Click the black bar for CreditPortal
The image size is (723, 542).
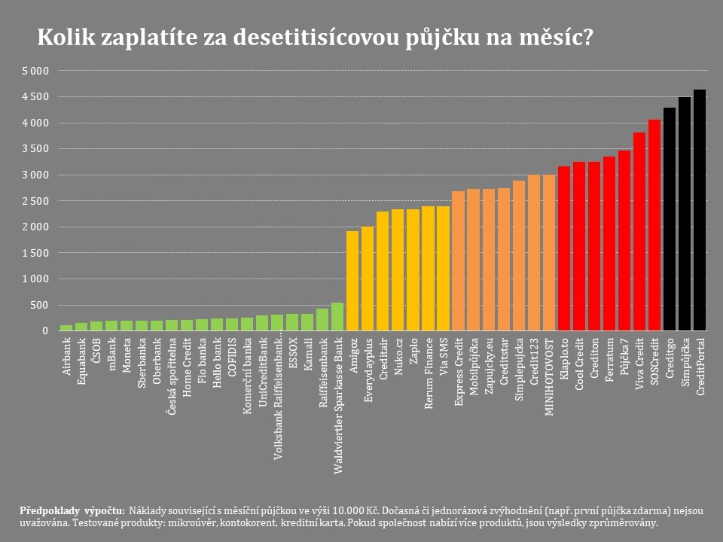(x=700, y=210)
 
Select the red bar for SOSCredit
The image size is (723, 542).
(x=654, y=225)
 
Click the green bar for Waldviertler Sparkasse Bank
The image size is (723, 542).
(x=337, y=317)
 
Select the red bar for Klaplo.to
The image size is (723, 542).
(x=564, y=248)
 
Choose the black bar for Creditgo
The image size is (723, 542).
(x=670, y=219)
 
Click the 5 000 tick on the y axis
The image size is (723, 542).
(x=35, y=71)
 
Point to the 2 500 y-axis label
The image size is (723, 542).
(x=35, y=201)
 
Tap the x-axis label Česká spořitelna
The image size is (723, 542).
(x=172, y=367)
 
